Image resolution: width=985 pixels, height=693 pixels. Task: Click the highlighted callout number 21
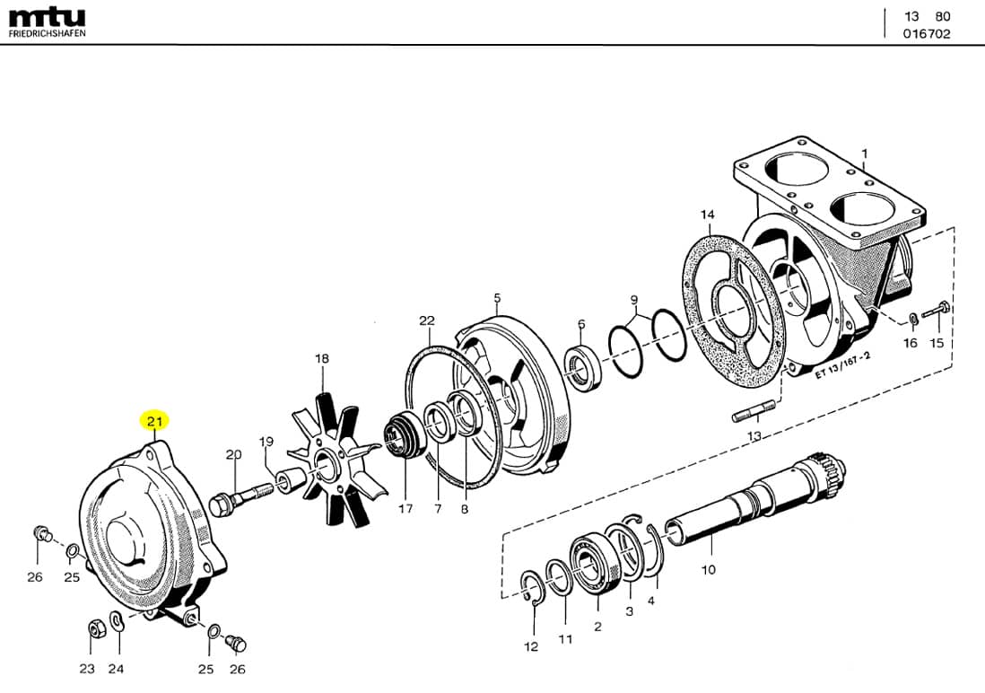pyautogui.click(x=154, y=421)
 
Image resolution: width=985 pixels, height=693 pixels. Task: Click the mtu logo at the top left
pyautogui.click(x=47, y=16)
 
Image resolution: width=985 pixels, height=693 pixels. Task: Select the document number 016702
pyautogui.click(x=927, y=34)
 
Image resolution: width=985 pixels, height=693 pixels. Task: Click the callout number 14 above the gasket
pyautogui.click(x=708, y=215)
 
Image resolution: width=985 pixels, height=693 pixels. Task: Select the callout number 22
pyautogui.click(x=426, y=320)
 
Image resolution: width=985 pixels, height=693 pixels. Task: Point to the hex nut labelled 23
pyautogui.click(x=92, y=628)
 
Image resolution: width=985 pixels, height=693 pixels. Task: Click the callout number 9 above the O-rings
pyautogui.click(x=633, y=299)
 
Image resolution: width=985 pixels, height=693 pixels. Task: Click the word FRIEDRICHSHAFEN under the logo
pyautogui.click(x=48, y=33)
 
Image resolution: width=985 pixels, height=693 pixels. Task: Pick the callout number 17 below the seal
pyautogui.click(x=405, y=508)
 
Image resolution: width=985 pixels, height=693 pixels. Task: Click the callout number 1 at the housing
pyautogui.click(x=864, y=154)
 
